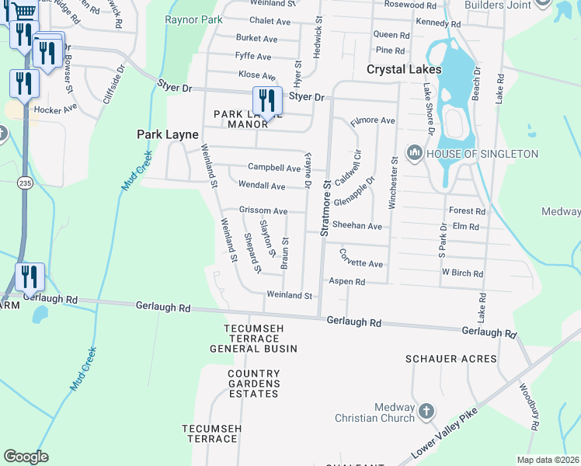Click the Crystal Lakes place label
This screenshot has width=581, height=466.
pyautogui.click(x=404, y=69)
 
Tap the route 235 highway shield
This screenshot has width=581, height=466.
pyautogui.click(x=25, y=181)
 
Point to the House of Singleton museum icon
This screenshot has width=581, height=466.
pyautogui.click(x=413, y=154)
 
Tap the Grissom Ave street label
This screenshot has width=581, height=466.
pyautogui.click(x=263, y=211)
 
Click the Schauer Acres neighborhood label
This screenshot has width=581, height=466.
pyautogui.click(x=451, y=359)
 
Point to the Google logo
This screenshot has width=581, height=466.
pyautogui.click(x=26, y=457)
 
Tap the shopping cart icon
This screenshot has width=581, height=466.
pyautogui.click(x=23, y=11)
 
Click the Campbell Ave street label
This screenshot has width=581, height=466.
pyautogui.click(x=273, y=168)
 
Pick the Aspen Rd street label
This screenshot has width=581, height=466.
pyautogui.click(x=346, y=281)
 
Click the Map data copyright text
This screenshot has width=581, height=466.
pyautogui.click(x=548, y=460)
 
